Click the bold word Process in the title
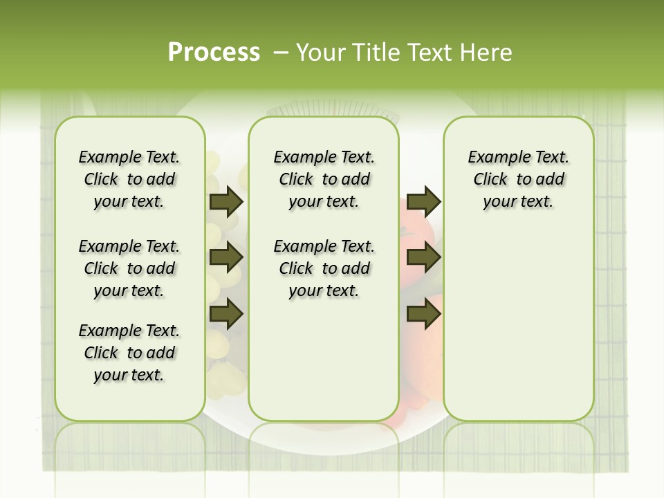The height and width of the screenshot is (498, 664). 214,52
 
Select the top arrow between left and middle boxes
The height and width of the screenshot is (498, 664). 226,202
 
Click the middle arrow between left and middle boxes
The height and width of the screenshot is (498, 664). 226,257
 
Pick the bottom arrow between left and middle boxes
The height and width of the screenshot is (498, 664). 226,313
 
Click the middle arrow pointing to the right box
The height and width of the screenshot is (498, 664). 423,257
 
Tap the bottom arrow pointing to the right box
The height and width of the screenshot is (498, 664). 423,313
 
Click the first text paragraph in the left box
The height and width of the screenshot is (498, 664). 129,179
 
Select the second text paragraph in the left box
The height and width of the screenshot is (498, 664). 129,268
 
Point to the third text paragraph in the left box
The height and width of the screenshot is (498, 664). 129,353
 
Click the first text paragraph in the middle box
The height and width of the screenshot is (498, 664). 324,179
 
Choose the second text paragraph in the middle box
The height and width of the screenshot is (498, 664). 324,268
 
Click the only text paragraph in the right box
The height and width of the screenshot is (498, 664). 518,179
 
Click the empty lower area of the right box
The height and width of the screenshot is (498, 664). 518,332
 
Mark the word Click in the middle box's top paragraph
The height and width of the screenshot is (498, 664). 296,179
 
